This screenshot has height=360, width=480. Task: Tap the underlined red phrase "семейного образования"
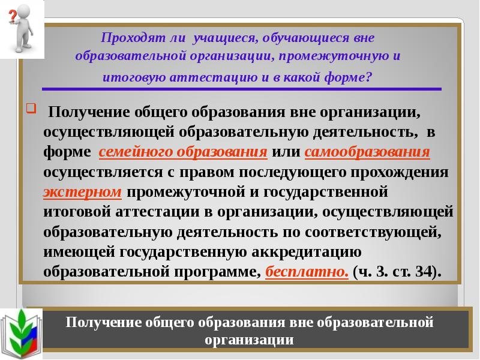[x=183, y=152]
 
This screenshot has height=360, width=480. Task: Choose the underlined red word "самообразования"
[x=367, y=152]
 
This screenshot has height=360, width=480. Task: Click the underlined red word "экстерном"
[x=83, y=192]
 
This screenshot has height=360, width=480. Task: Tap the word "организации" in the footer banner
[x=248, y=341]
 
